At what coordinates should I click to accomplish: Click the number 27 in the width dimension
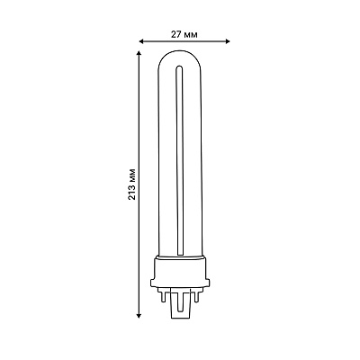(x=175, y=35)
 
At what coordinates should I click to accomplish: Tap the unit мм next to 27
(x=190, y=35)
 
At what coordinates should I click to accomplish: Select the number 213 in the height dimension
(x=132, y=191)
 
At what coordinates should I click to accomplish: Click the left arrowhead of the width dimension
(x=141, y=41)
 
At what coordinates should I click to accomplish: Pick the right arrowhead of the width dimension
(x=228, y=41)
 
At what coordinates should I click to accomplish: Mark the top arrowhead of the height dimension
(x=139, y=53)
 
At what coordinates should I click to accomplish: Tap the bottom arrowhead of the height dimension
(x=139, y=315)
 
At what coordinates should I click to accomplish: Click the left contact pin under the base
(x=163, y=297)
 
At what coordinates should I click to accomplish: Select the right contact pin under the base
(x=196, y=297)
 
